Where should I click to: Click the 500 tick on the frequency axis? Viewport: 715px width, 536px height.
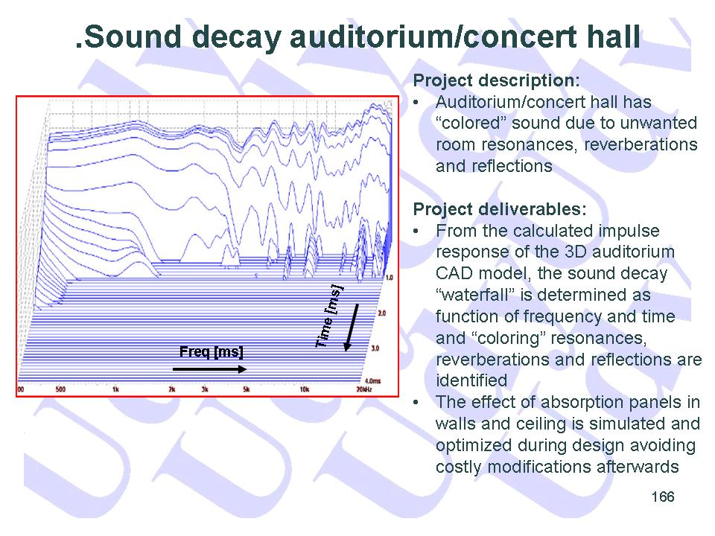point(60,389)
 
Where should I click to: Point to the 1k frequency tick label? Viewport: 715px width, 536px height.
point(116,389)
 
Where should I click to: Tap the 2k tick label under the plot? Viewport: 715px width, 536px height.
point(172,389)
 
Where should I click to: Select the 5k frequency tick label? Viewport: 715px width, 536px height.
point(247,389)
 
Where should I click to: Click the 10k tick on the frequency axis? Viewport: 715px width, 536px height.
point(304,389)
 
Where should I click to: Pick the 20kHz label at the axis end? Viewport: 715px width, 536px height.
point(364,389)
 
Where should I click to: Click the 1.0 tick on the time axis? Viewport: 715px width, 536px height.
point(390,277)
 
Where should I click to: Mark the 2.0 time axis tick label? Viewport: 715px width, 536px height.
point(382,313)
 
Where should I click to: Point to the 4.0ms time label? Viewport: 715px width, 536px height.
point(373,380)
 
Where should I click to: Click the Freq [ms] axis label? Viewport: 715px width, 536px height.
point(211,352)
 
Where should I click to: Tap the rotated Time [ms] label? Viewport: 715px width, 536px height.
point(329,316)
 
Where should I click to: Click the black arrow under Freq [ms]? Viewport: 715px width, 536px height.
point(210,369)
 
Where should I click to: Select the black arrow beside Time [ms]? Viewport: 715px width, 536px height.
point(351,328)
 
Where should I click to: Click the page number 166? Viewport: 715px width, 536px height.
point(663,497)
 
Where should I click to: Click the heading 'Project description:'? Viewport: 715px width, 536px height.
point(496,80)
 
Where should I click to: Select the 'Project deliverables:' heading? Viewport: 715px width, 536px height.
point(500,209)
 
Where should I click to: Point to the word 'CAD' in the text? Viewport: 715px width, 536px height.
point(451,273)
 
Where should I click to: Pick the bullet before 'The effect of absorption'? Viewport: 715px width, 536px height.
point(416,403)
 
